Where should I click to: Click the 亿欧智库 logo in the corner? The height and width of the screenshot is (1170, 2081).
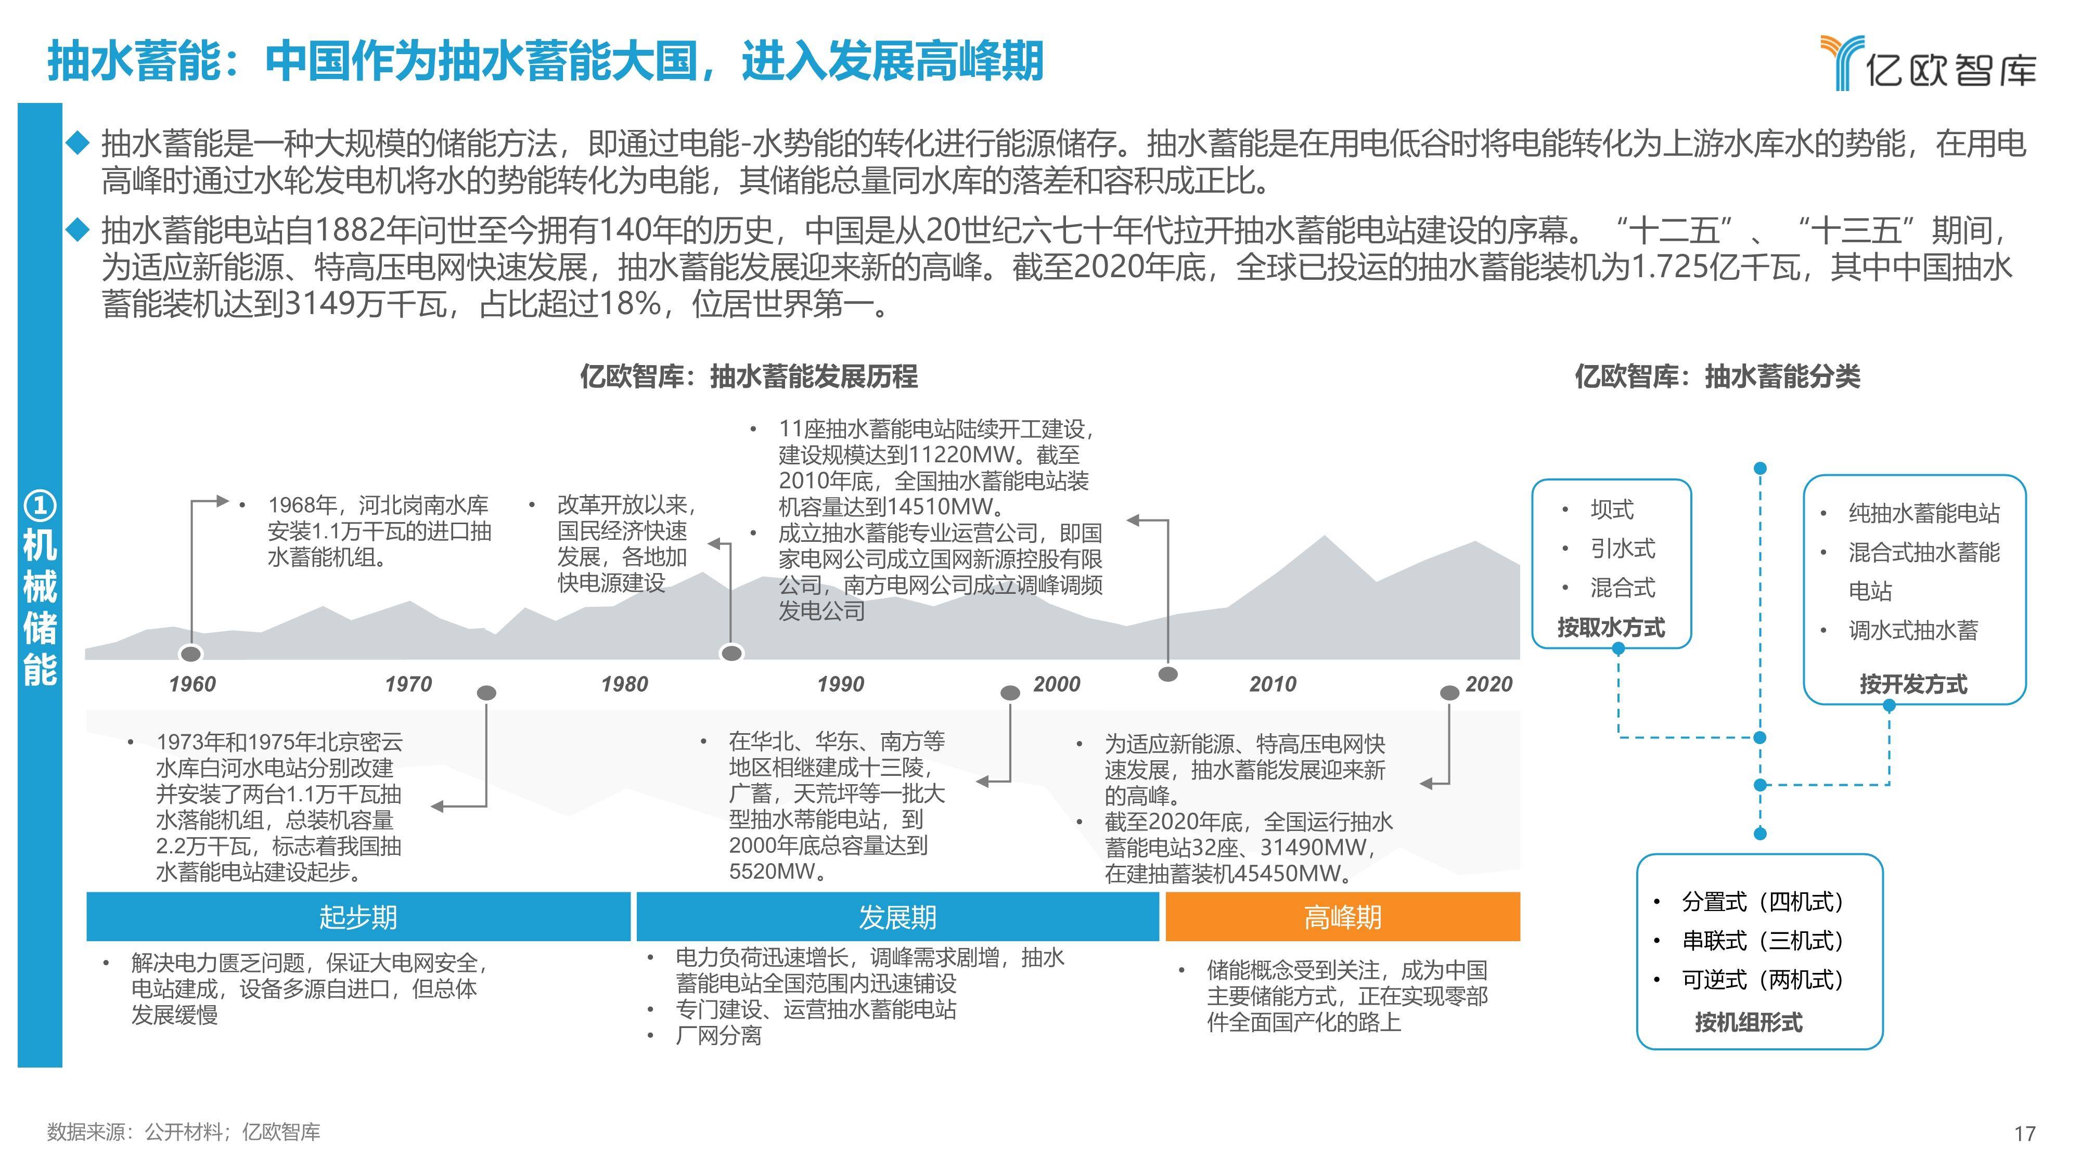tap(1928, 63)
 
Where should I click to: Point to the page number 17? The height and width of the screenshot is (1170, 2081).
tap(2024, 1134)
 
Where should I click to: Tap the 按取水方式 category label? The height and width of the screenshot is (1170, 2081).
tap(1612, 628)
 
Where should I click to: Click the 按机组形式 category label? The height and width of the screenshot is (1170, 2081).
tap(1748, 1022)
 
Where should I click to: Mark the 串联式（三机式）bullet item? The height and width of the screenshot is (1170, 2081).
tap(1763, 941)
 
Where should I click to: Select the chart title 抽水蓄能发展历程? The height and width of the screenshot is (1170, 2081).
tap(814, 376)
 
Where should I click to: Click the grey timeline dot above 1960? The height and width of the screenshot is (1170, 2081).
tap(191, 653)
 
